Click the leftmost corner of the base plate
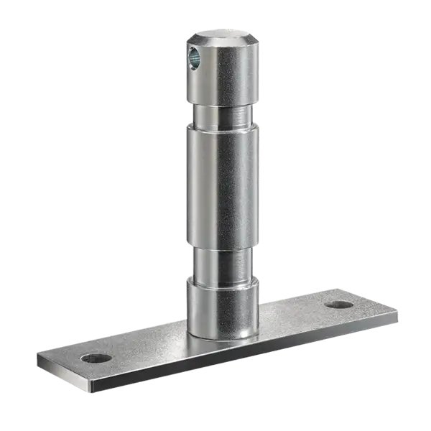coord(36,353)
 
